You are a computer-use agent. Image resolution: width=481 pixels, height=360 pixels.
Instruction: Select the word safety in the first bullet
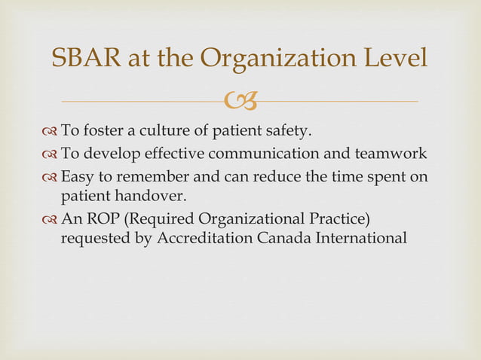coord(282,132)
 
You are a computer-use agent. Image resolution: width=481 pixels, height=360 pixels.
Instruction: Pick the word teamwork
coord(397,154)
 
